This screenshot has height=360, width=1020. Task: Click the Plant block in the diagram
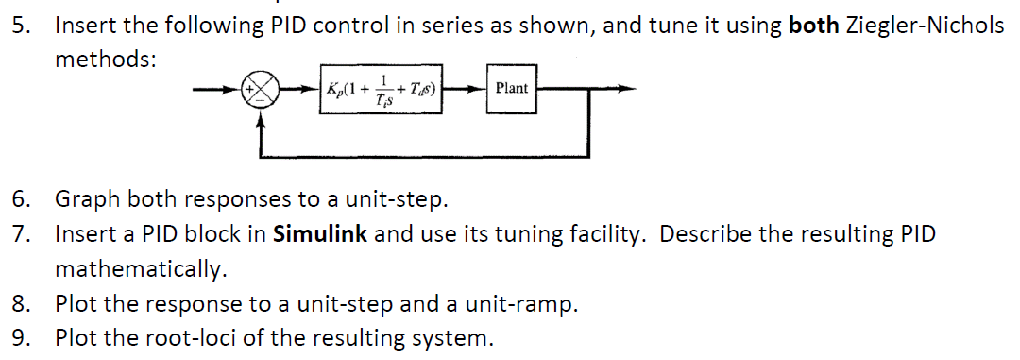coord(511,88)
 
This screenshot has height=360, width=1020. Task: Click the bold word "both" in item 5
coord(812,26)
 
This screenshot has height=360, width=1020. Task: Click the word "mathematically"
coord(140,269)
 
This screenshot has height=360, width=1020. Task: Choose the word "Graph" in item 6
coord(88,199)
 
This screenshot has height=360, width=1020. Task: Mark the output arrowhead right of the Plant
coord(615,90)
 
